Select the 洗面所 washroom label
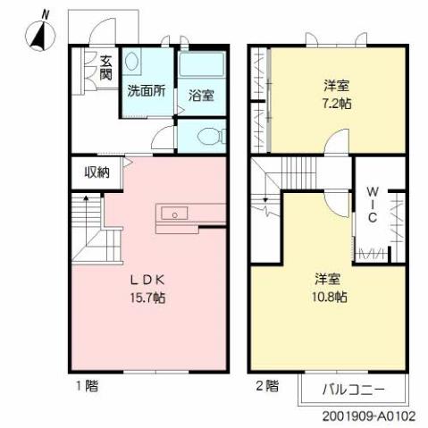click(147, 90)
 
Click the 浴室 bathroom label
click(201, 96)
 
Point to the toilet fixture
click(205, 137)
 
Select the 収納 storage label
click(97, 172)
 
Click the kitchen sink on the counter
click(174, 213)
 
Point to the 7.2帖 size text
click(337, 102)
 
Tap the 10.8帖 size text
click(330, 296)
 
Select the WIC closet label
click(373, 204)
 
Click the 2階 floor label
click(266, 386)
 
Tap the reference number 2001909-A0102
click(365, 416)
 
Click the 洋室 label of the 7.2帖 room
click(337, 85)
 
